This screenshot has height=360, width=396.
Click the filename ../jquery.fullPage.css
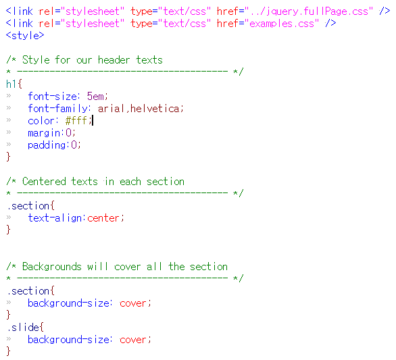[309, 11]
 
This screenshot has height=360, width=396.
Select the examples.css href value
[282, 24]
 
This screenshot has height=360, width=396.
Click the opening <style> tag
[25, 36]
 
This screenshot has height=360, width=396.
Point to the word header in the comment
[114, 60]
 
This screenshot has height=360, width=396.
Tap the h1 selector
[11, 84]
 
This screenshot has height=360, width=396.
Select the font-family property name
[57, 109]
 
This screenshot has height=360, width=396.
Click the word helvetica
[155, 109]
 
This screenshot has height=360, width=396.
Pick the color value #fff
[76, 121]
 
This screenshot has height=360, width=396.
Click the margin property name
[44, 133]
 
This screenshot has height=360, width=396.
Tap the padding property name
[47, 145]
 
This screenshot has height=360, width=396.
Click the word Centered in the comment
[44, 182]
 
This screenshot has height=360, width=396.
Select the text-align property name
[55, 218]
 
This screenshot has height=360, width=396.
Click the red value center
[103, 218]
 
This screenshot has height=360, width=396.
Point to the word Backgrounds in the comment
[52, 267]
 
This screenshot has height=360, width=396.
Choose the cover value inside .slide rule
[133, 340]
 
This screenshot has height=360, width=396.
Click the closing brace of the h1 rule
[8, 157]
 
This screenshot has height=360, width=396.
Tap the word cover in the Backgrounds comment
[127, 267]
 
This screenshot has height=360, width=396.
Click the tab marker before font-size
[9, 96]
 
